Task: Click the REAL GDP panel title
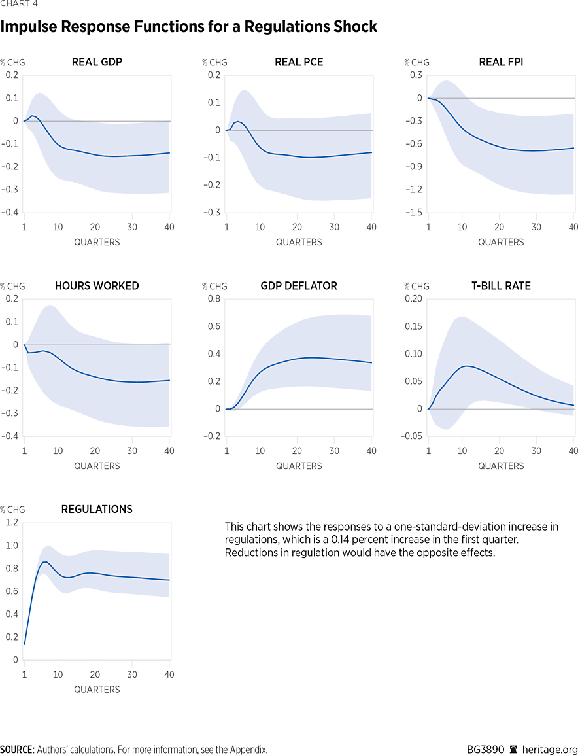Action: (97, 62)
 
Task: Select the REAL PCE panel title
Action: (299, 62)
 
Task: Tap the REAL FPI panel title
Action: (501, 62)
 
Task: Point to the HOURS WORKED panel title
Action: (97, 286)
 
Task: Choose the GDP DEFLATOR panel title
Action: (299, 286)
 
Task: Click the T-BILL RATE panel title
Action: (501, 286)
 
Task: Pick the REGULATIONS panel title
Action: (97, 509)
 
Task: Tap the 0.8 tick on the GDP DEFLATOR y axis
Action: (213, 299)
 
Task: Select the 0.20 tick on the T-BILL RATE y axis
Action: (413, 299)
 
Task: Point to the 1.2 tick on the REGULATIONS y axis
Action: (11, 522)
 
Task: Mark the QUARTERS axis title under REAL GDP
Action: (97, 242)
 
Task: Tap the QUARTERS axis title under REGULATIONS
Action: (97, 689)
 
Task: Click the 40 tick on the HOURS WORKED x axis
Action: (169, 451)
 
